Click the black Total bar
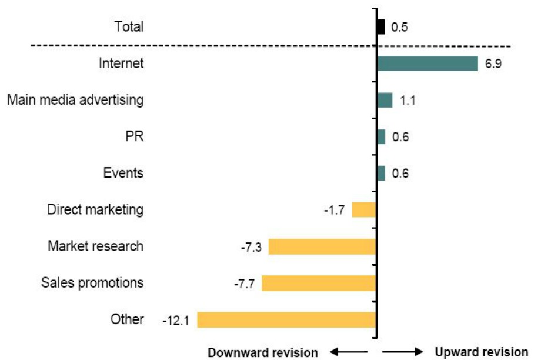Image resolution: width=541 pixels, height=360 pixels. pyautogui.click(x=380, y=27)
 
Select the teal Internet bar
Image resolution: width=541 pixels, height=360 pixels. pyautogui.click(x=427, y=64)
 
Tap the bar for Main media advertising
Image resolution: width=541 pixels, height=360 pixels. pyautogui.click(x=385, y=100)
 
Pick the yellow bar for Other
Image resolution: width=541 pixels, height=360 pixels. pyautogui.click(x=286, y=319)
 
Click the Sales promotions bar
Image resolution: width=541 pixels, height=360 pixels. pyautogui.click(x=319, y=283)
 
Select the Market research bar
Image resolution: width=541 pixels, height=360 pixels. pyautogui.click(x=322, y=246)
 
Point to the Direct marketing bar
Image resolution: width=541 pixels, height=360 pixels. pyautogui.click(x=363, y=209)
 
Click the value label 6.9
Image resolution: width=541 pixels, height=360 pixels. pyautogui.click(x=493, y=64)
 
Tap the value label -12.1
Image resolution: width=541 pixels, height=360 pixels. pyautogui.click(x=176, y=321)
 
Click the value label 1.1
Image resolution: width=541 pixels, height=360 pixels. pyautogui.click(x=408, y=101)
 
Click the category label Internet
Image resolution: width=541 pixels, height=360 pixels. pyautogui.click(x=122, y=63)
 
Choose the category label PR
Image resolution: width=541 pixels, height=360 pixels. pyautogui.click(x=135, y=136)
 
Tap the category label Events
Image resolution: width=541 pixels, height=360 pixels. pyautogui.click(x=123, y=173)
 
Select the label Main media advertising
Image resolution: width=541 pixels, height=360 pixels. pyautogui.click(x=75, y=100)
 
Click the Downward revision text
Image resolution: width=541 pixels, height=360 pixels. pyautogui.click(x=263, y=352)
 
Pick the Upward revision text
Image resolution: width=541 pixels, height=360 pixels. pyautogui.click(x=481, y=352)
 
